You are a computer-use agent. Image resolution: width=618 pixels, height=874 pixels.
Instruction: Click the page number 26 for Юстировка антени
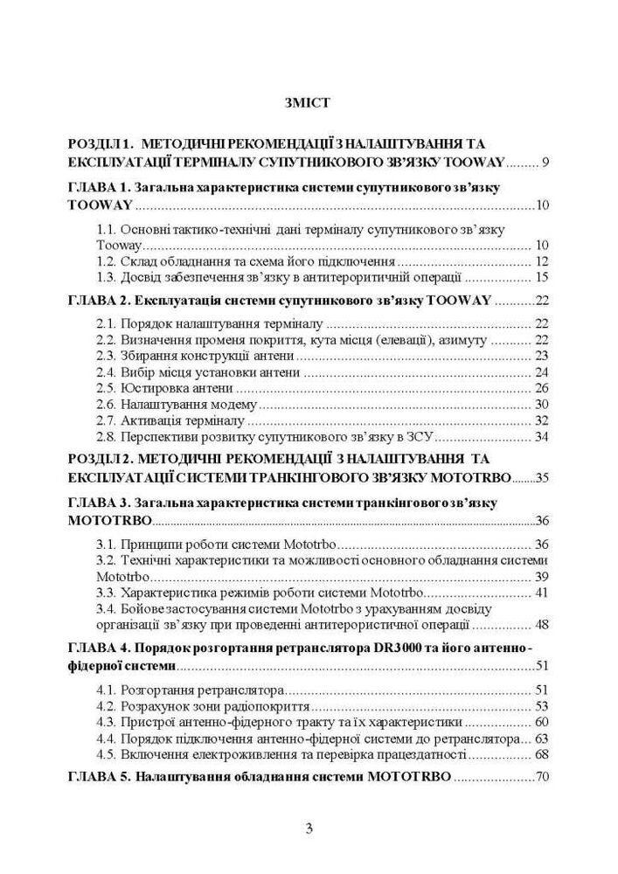[540, 387]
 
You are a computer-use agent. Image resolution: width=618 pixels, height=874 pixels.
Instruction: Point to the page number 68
[540, 754]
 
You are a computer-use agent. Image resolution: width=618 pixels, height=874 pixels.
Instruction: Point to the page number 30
[540, 404]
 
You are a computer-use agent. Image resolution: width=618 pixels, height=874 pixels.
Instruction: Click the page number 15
[540, 277]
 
